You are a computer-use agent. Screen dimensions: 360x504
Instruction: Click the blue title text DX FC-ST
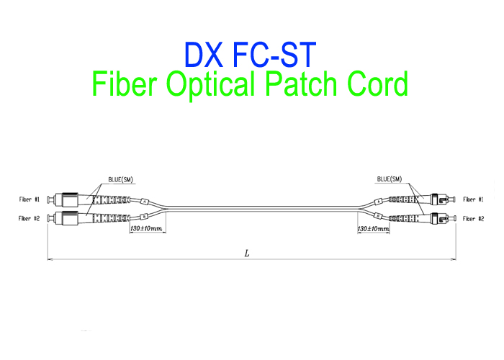click(249, 54)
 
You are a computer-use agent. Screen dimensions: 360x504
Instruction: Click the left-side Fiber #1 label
click(30, 199)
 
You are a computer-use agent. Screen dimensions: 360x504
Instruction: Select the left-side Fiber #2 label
click(30, 217)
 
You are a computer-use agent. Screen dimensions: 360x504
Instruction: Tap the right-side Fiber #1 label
click(473, 199)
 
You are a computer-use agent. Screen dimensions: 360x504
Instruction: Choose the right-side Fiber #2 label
click(473, 217)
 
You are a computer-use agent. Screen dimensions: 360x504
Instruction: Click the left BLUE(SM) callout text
click(120, 179)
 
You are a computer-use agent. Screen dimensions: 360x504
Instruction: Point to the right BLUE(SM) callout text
click(389, 179)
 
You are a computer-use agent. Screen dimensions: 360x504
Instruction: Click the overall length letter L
click(247, 253)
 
